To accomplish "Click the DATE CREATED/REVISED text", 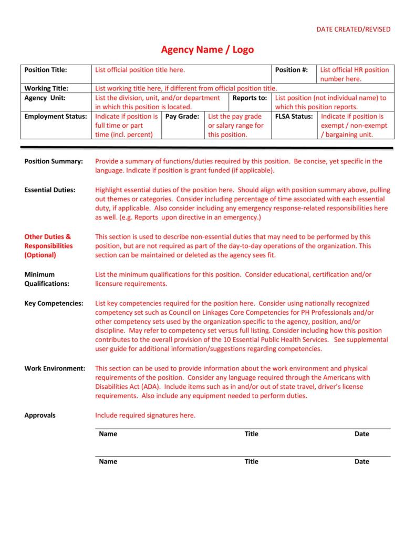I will (353, 29).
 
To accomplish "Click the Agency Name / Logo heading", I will (207, 50).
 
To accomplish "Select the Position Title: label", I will (46, 70).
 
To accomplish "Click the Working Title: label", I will (46, 88).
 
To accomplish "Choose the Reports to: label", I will (250, 98).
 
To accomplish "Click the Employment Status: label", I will (56, 116).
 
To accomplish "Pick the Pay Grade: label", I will (182, 116).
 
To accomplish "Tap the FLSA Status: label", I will (294, 116).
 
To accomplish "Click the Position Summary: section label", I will (54, 161).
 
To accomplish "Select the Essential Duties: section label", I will (50, 190).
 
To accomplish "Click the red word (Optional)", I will (40, 255).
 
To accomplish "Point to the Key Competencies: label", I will (54, 303).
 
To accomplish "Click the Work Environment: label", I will (55, 368).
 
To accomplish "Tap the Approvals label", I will (40, 415).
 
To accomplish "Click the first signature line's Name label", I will (108, 434).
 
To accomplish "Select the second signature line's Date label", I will (361, 462).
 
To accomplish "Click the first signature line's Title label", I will (251, 434).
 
